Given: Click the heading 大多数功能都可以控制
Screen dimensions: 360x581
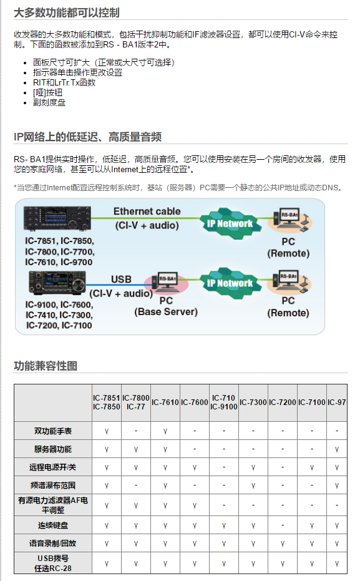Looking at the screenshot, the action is (67, 12).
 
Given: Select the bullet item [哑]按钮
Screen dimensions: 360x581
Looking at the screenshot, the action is (47, 92).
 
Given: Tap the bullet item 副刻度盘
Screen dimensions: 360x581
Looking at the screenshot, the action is (49, 102).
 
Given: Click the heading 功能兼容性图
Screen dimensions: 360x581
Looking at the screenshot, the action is (46, 366).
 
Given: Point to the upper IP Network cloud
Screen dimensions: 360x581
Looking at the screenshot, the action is (230, 223).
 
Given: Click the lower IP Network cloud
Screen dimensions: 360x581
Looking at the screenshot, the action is (230, 283).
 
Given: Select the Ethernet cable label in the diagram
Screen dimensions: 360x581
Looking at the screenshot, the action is (147, 211).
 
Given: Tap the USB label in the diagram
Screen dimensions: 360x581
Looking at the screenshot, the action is (121, 279).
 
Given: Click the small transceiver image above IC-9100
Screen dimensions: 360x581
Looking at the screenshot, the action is (57, 283).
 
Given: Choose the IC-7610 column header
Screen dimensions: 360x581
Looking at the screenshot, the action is (165, 403).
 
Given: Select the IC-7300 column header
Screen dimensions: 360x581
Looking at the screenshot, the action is (253, 403).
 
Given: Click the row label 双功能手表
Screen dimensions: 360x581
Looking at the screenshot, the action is (53, 431).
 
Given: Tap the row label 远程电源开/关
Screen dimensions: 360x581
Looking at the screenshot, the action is (53, 467).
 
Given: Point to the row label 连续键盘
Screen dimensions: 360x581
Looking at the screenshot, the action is (53, 525).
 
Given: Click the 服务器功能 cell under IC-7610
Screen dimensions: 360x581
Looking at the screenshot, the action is (165, 449).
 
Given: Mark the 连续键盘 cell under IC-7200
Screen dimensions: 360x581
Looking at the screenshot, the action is (283, 525).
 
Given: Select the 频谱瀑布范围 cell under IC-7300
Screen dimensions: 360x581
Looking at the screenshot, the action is (253, 486).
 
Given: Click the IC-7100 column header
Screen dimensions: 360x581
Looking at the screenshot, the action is (312, 403).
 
